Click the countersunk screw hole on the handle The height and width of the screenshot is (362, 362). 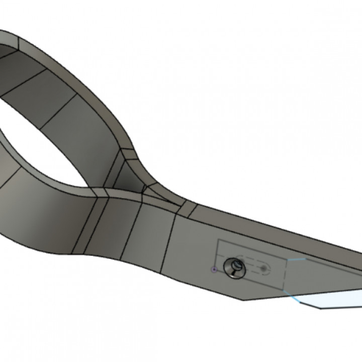(234, 267)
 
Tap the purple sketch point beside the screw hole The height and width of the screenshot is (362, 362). (215, 269)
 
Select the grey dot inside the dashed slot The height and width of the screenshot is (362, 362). (264, 268)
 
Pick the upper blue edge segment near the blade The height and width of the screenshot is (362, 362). (297, 260)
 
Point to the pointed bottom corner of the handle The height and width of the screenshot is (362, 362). (244, 300)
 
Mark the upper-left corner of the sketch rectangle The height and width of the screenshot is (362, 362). (218, 241)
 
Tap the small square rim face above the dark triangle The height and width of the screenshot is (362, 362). (129, 153)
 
